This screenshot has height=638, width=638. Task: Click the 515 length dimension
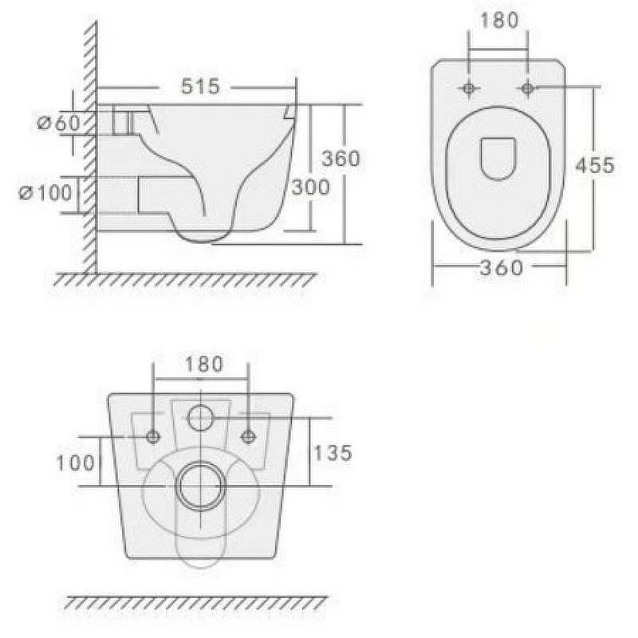tap(200, 87)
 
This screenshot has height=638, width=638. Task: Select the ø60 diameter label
tap(58, 123)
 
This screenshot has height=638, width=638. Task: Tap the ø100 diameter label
tap(45, 192)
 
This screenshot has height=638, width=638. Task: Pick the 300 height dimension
tap(310, 187)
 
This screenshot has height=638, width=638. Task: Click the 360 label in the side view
tap(341, 158)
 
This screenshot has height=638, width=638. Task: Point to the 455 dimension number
tap(595, 165)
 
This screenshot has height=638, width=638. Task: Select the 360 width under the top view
tap(502, 268)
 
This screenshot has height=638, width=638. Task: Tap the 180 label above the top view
tap(500, 21)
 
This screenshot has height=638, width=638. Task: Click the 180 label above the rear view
tap(204, 364)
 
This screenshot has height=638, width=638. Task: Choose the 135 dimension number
tap(333, 453)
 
